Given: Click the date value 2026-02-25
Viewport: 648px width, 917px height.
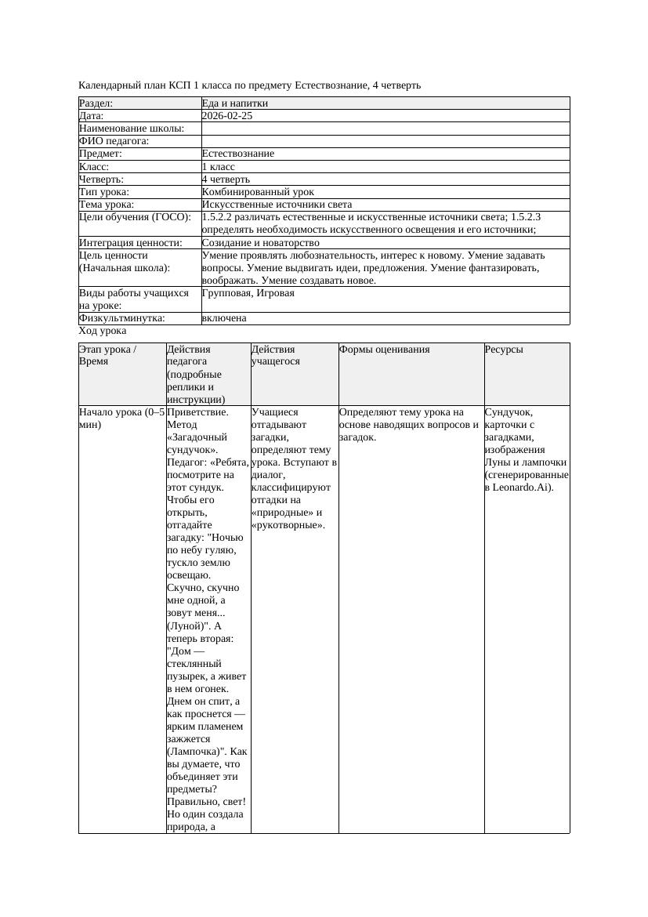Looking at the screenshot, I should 226,116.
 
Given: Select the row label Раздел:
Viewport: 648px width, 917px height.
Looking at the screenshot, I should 96,103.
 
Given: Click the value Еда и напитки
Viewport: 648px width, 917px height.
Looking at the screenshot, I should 234,103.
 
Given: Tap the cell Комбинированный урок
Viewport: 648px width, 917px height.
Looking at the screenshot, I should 257,192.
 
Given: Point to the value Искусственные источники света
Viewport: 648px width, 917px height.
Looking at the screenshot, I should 277,205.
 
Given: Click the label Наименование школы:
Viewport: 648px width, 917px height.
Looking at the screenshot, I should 132,129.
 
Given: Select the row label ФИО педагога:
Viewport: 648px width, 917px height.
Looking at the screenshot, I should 114,141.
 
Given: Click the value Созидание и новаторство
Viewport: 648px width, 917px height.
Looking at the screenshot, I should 260,243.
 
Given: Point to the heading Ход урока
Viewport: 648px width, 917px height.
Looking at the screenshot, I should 102,331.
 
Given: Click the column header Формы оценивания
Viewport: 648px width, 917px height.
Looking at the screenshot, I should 384,350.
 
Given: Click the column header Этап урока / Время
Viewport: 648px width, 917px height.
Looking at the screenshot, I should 108,356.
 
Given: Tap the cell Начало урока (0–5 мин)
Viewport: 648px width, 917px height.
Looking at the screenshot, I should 121,418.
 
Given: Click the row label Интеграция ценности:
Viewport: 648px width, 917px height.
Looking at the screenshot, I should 130,243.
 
